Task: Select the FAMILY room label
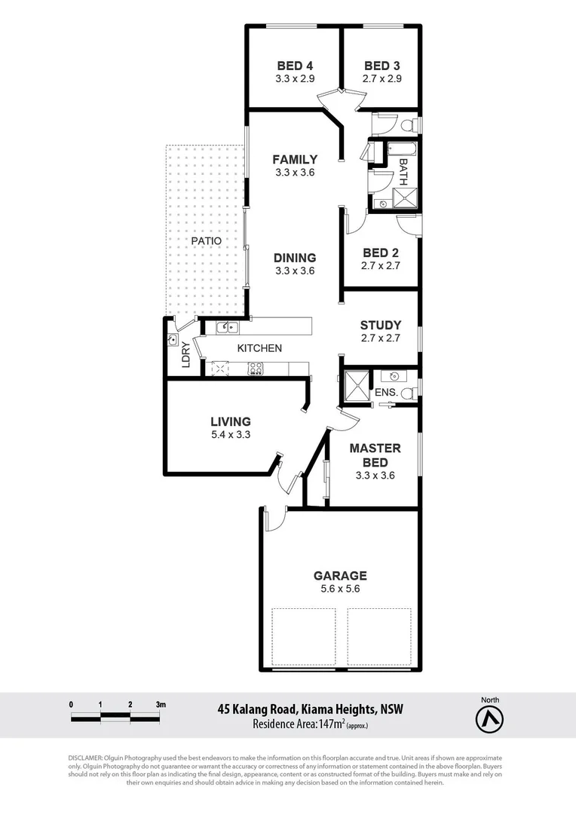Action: pos(295,159)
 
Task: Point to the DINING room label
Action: pos(295,258)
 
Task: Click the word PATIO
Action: pos(206,240)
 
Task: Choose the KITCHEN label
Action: pos(259,348)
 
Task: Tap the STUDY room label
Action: pos(380,326)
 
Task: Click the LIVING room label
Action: pos(230,422)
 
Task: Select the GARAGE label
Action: pos(340,576)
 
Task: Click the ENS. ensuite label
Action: pos(386,393)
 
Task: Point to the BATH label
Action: pos(403,172)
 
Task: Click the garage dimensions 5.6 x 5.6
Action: pos(340,589)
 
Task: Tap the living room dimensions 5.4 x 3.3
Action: pos(230,435)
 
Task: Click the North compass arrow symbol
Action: pos(489,721)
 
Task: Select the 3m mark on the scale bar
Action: pos(161,704)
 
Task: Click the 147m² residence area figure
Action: pos(331,724)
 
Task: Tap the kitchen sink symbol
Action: pos(227,327)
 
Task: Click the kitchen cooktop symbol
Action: pos(256,369)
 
